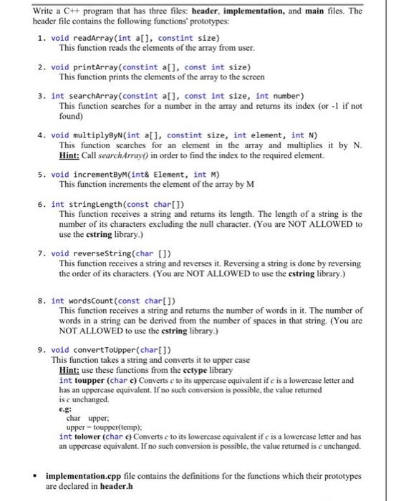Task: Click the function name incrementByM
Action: pos(100,174)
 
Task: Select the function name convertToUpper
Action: pos(104,349)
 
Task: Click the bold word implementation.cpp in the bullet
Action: pos(83,475)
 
